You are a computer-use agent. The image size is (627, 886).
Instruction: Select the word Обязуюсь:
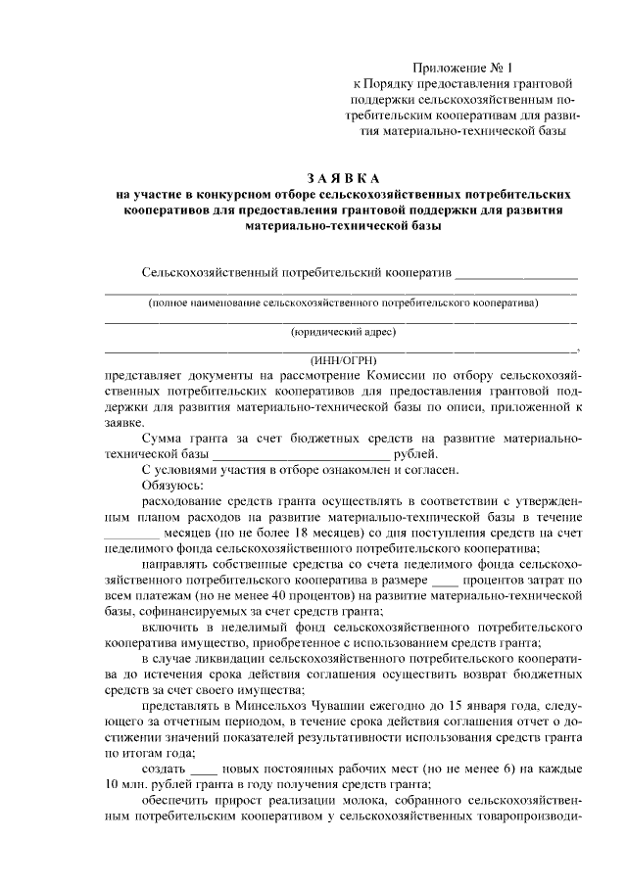point(172,485)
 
